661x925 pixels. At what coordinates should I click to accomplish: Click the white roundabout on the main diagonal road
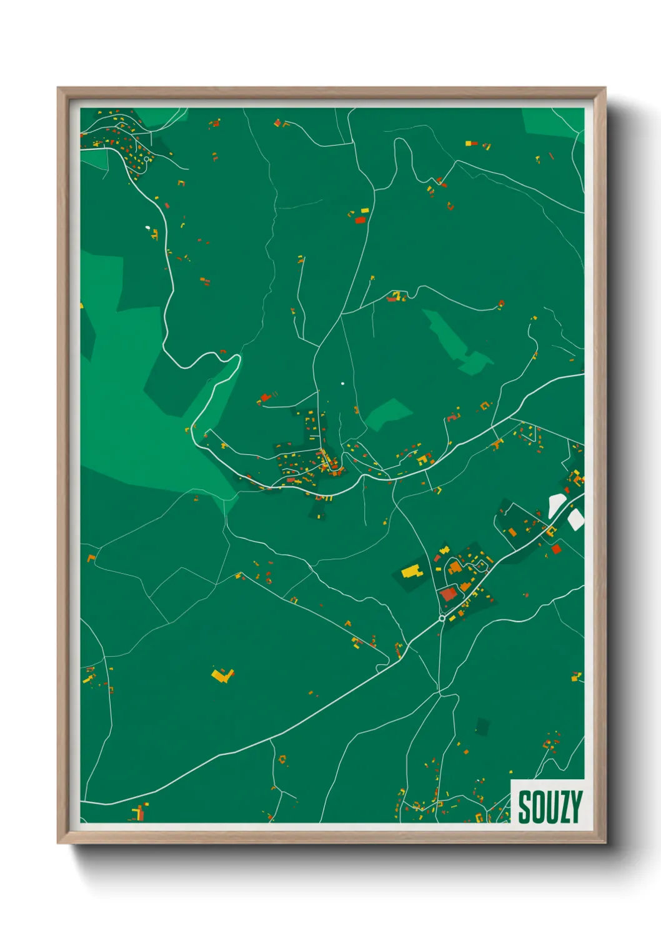(442, 618)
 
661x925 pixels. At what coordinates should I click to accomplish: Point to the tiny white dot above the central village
(342, 383)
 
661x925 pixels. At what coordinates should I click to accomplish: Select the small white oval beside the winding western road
(148, 228)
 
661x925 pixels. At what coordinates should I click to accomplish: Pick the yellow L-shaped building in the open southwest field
(222, 675)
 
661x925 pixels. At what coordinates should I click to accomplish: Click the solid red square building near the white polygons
(556, 549)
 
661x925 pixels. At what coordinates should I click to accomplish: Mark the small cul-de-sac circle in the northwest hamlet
(147, 159)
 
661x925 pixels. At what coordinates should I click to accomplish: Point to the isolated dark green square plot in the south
(482, 726)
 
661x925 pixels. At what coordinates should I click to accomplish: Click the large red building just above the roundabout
(448, 594)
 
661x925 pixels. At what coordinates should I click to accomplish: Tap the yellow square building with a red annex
(424, 460)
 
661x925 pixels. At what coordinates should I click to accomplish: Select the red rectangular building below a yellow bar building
(360, 219)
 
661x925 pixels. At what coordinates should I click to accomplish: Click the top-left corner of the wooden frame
(59, 89)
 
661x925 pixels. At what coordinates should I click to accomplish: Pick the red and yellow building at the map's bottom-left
(139, 813)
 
